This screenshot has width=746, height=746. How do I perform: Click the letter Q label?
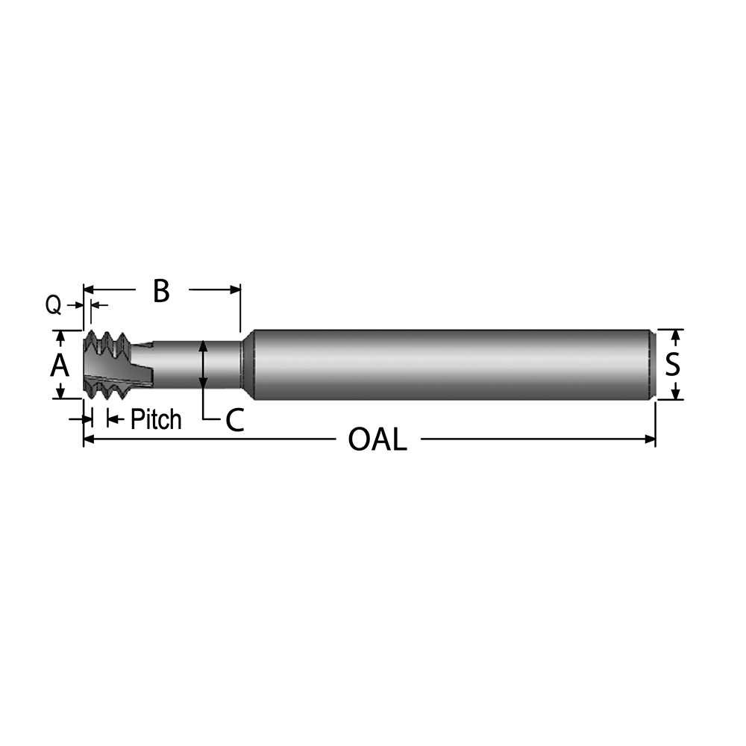click(53, 304)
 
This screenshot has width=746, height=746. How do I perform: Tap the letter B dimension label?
click(161, 291)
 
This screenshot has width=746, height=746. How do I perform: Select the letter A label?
click(59, 366)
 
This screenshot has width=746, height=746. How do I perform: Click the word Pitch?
click(155, 419)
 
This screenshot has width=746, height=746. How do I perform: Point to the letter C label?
click(234, 421)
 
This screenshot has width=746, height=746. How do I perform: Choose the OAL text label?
click(377, 440)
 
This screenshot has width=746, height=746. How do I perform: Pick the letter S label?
click(672, 364)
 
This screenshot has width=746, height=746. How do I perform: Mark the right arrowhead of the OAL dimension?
click(650, 440)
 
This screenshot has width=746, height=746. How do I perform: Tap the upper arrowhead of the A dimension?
click(60, 336)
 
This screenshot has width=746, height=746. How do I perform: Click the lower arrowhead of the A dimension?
click(60, 392)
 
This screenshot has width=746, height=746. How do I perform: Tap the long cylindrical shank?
click(448, 364)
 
